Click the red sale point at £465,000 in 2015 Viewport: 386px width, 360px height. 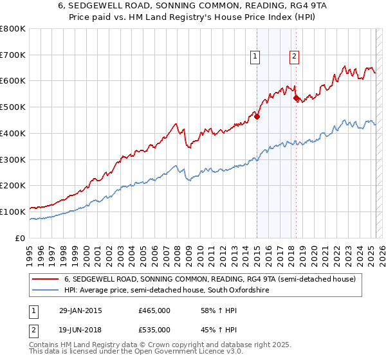point(257,116)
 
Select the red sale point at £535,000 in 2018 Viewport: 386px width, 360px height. point(296,98)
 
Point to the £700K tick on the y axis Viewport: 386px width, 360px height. point(14,55)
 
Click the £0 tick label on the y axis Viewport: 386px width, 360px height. point(20,238)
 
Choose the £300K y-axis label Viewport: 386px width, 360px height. point(14,159)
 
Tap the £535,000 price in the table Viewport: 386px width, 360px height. point(154,332)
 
